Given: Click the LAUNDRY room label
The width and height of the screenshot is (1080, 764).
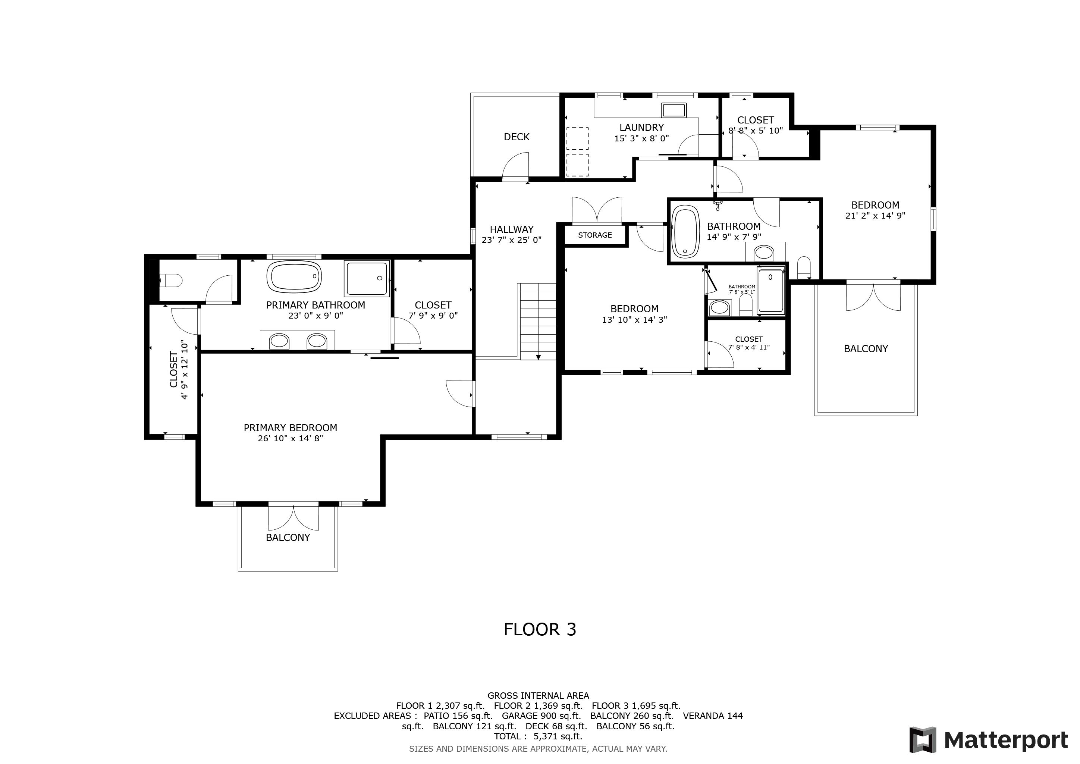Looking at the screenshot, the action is (x=641, y=128).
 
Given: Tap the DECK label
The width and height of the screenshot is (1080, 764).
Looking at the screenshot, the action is (x=517, y=137).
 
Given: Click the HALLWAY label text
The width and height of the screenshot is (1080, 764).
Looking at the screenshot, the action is (x=512, y=229).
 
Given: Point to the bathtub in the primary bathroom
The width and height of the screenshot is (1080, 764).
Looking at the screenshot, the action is (x=295, y=276).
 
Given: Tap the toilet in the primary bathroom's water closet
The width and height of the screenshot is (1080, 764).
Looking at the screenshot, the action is (x=170, y=281).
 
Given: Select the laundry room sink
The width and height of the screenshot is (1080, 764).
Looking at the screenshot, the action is (x=674, y=110).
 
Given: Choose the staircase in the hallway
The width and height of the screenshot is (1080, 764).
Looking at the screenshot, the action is (x=537, y=321).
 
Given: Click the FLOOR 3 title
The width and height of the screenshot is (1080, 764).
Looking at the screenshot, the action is (x=540, y=629).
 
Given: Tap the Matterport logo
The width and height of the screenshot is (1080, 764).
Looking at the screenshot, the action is (x=989, y=740).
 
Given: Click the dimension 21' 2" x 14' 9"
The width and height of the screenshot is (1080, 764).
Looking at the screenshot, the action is (x=875, y=216).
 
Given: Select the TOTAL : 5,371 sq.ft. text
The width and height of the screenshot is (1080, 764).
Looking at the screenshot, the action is (x=538, y=737).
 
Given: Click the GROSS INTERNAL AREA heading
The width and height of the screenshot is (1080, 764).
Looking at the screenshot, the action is (x=538, y=696).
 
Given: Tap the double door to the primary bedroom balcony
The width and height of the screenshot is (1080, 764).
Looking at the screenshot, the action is (x=293, y=517).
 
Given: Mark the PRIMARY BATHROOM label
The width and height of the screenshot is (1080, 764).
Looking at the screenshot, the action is (x=315, y=305).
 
